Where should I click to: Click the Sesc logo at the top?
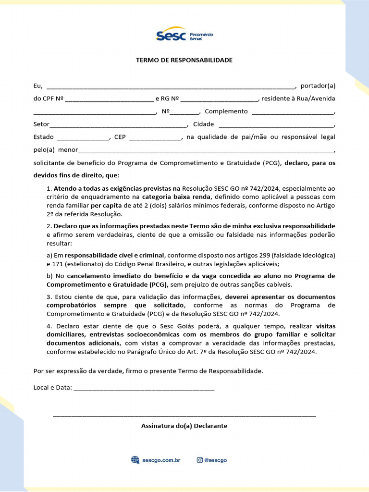(x=184, y=35)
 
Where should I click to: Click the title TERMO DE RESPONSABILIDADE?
(x=184, y=60)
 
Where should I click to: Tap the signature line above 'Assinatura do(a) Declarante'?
(x=184, y=415)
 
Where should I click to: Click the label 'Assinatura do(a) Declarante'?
(x=184, y=426)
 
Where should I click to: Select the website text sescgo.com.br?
(x=161, y=460)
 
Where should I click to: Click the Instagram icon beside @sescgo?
(x=199, y=460)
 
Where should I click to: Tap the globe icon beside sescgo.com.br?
(x=135, y=460)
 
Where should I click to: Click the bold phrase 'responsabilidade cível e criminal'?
(x=114, y=255)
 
